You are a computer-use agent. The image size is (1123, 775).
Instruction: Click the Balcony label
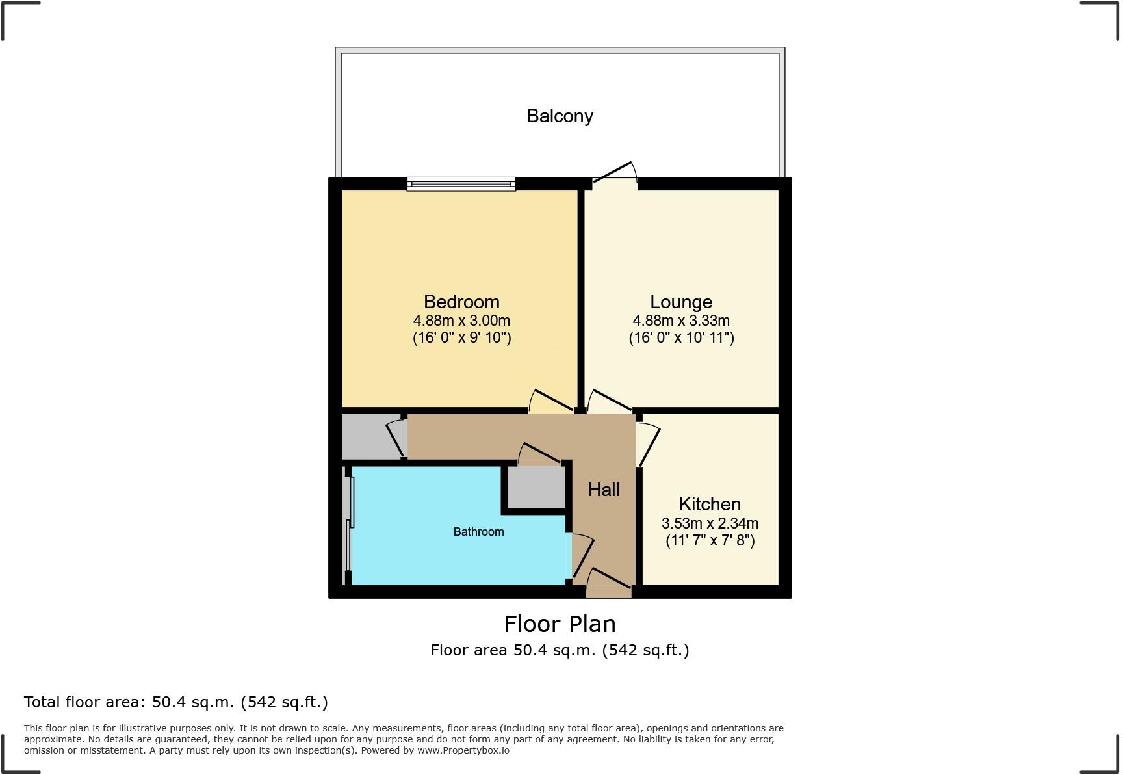click(560, 116)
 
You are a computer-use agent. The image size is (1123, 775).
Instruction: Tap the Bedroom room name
click(461, 302)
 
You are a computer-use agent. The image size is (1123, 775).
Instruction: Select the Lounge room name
click(681, 302)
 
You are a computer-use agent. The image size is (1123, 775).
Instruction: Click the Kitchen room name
click(710, 504)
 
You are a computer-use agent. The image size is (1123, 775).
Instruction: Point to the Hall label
click(604, 490)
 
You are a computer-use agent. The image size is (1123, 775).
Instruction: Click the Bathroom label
click(478, 532)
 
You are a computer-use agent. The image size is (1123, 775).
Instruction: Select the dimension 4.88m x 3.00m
click(461, 321)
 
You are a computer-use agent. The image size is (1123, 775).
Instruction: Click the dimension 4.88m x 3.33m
click(681, 321)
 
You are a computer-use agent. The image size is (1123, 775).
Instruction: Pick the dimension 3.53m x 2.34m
click(710, 523)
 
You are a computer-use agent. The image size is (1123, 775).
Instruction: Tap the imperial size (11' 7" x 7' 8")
click(710, 540)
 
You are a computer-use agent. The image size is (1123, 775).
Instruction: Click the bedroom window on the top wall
click(461, 184)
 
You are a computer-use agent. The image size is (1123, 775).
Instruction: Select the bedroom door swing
click(550, 402)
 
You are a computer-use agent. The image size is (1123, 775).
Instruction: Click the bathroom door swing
click(582, 556)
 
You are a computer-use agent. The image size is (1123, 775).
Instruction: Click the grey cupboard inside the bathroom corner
click(536, 487)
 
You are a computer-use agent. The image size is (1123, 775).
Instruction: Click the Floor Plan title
click(560, 624)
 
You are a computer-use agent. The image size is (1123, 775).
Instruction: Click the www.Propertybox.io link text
click(463, 750)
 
